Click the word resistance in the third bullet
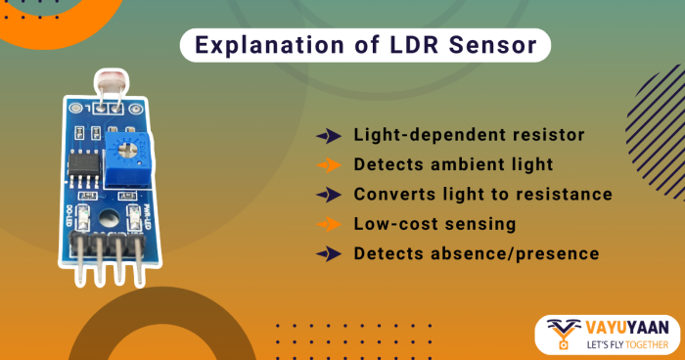557,194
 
